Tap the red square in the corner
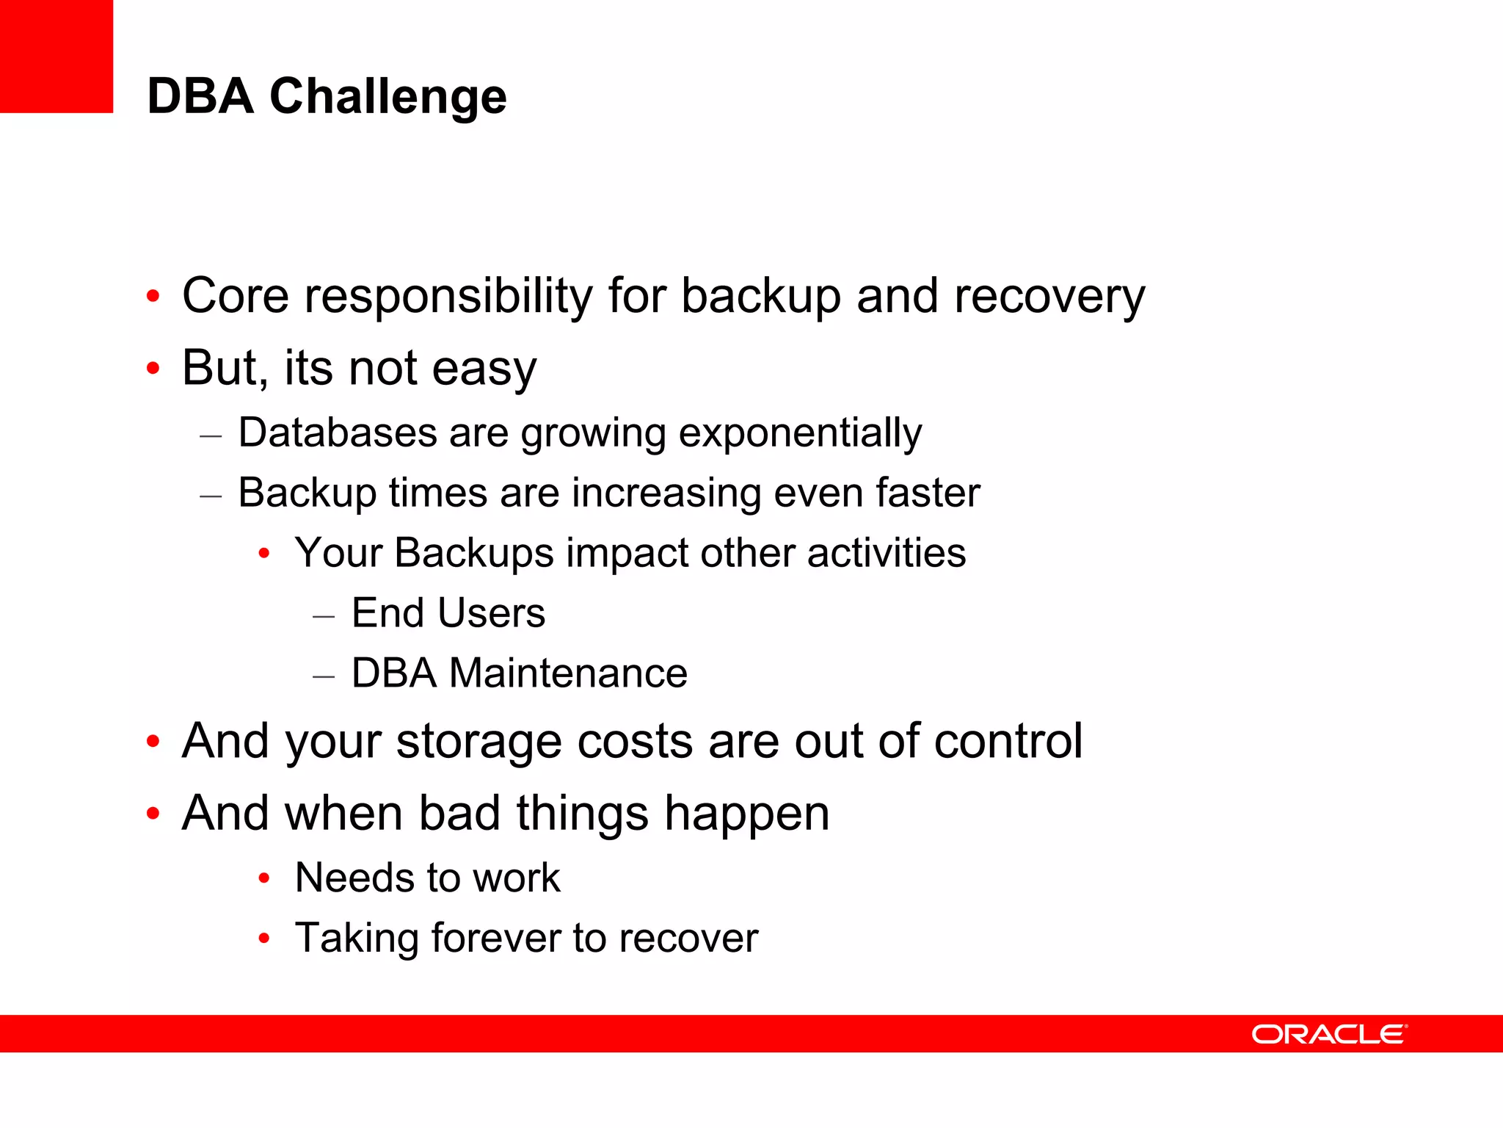[56, 56]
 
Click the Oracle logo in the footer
[1328, 1034]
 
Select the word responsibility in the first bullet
[448, 297]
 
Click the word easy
[484, 369]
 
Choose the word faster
[928, 492]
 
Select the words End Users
[448, 613]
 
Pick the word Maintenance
[568, 673]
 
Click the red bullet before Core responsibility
[153, 297]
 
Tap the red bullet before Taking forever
[264, 939]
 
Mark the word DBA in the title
[200, 97]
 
